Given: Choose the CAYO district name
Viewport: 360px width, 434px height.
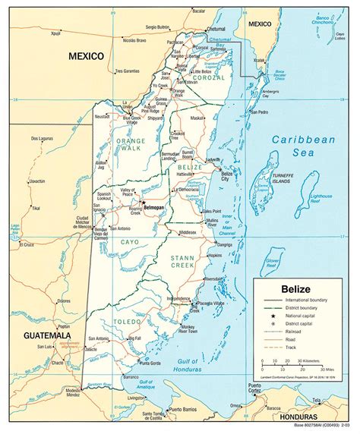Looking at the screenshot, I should click(129, 241).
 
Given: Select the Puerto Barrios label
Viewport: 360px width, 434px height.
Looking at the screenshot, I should click(187, 410).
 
